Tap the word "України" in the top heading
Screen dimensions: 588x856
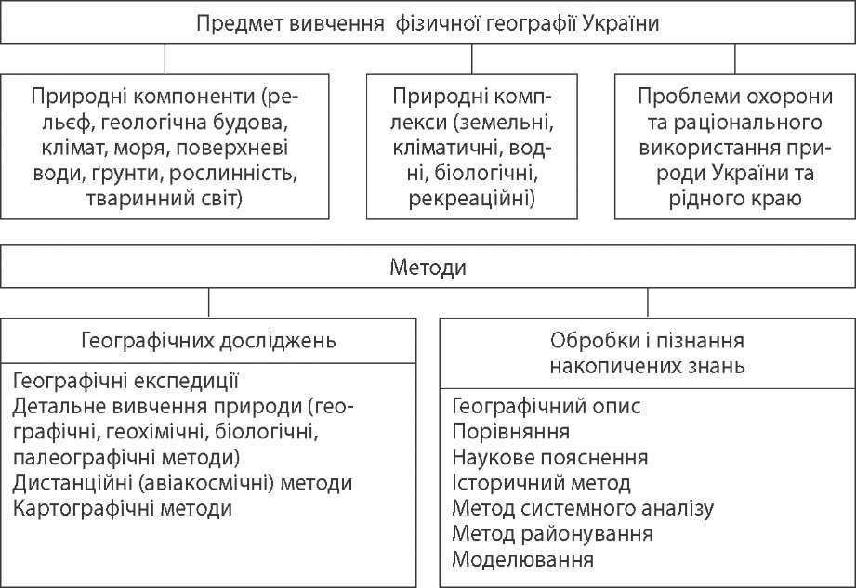click(619, 24)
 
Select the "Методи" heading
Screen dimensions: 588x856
click(428, 268)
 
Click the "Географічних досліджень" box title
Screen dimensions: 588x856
click(210, 340)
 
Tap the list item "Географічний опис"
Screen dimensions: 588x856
click(546, 407)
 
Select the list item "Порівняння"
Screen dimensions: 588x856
click(510, 432)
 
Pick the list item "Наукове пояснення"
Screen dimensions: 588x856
click(549, 458)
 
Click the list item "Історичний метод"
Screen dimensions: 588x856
click(541, 483)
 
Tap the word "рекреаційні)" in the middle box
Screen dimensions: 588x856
click(472, 197)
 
